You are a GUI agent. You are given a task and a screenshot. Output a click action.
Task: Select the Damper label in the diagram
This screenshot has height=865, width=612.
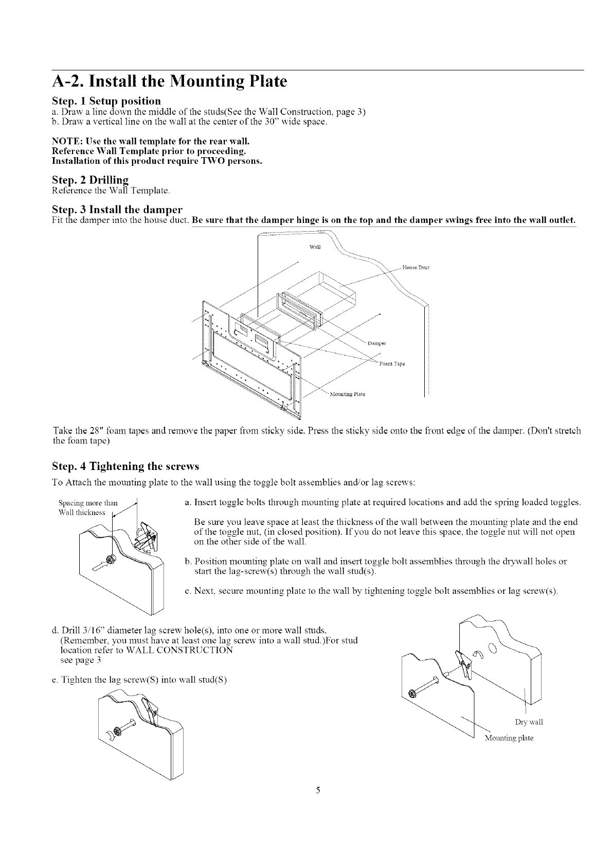pyautogui.click(x=377, y=343)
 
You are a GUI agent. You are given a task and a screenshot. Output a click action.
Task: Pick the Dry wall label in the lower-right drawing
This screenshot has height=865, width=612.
pyautogui.click(x=529, y=722)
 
